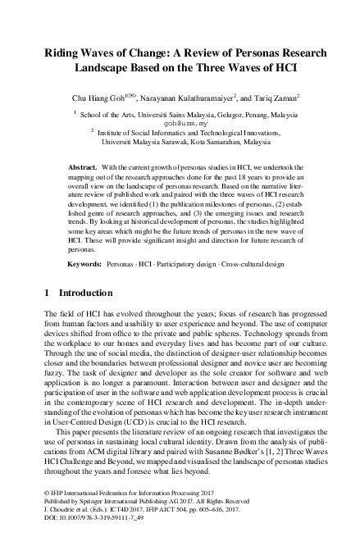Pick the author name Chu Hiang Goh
point(98,98)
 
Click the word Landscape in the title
point(103,69)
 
